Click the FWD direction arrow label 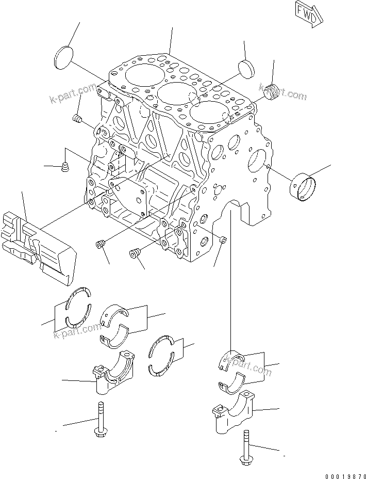pos(309,11)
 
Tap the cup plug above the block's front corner pos(246,67)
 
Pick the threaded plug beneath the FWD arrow pos(273,90)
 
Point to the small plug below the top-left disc pos(78,119)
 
